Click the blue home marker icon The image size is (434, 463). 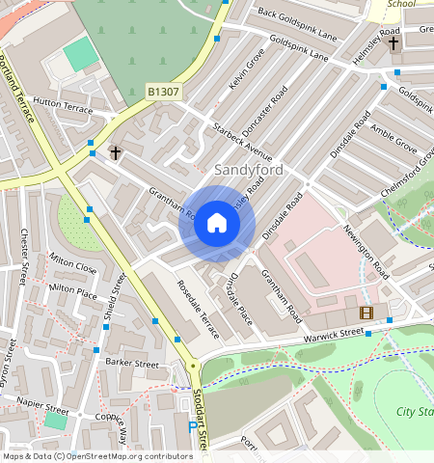217,224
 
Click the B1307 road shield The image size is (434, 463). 163,92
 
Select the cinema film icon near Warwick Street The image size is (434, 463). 366,312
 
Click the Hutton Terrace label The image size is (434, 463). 63,105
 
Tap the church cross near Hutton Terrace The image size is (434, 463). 116,152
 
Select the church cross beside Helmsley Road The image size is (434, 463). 393,43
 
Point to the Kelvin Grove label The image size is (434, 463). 248,72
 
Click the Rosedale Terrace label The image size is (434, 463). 198,309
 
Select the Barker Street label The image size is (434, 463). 132,364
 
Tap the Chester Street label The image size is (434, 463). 24,257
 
